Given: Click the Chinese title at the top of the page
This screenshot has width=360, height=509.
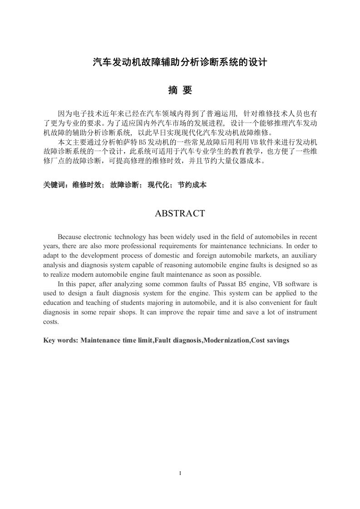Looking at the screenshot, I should click(180, 62).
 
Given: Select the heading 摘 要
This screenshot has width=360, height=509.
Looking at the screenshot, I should click(180, 91).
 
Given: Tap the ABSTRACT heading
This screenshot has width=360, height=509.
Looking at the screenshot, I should click(180, 213).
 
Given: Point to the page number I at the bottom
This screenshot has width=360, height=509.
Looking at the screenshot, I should click(180, 473).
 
